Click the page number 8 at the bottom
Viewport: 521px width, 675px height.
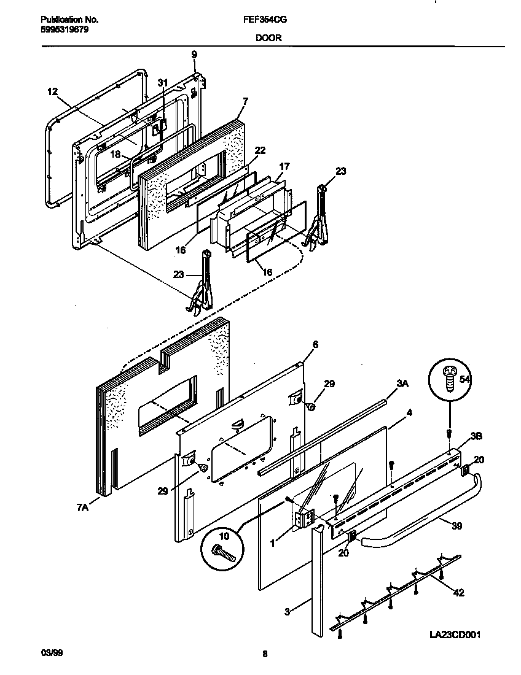(x=265, y=654)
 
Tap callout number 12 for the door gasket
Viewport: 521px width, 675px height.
(x=52, y=91)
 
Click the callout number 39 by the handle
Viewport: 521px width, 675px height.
(x=456, y=526)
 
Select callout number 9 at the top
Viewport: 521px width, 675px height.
(x=194, y=55)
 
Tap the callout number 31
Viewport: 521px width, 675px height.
(x=162, y=82)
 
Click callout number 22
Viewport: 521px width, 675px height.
(x=260, y=150)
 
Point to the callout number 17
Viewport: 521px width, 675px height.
(x=284, y=166)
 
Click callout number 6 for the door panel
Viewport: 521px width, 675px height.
(x=315, y=344)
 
